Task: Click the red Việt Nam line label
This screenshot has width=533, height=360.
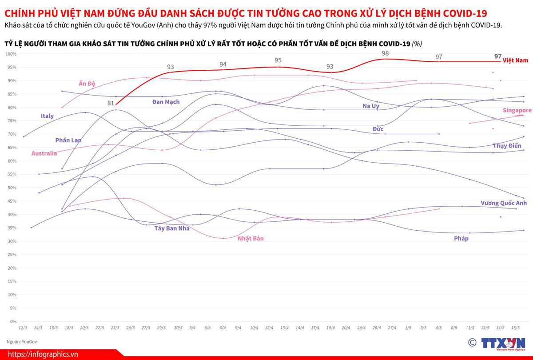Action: tap(515, 60)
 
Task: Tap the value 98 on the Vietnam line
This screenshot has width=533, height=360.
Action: tap(385, 53)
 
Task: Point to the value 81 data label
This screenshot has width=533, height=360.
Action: tap(111, 103)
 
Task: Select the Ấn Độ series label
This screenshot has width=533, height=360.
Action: tap(87, 84)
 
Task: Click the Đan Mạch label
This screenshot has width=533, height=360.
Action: tap(166, 102)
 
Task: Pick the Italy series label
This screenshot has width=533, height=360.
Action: tap(47, 116)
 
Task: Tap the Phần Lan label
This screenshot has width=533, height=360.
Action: tap(68, 140)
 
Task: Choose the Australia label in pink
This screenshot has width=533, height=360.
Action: tap(44, 153)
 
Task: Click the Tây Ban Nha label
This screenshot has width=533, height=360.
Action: tap(172, 228)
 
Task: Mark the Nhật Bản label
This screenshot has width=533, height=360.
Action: tap(251, 239)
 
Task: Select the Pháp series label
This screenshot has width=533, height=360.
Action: tap(461, 239)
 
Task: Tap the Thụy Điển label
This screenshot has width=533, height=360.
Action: tap(507, 146)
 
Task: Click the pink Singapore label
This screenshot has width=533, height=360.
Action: tap(517, 110)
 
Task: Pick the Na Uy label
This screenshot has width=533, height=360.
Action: tap(371, 106)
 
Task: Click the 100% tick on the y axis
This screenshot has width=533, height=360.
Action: tap(11, 54)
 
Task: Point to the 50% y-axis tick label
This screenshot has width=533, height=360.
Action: tap(12, 188)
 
